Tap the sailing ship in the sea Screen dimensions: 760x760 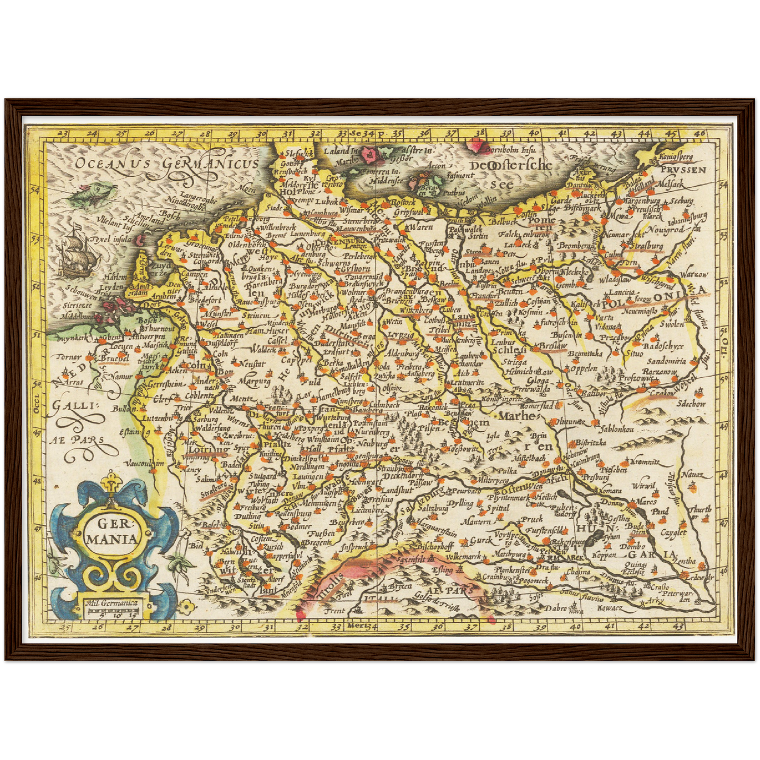click(x=79, y=256)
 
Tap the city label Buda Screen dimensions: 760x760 click(x=636, y=525)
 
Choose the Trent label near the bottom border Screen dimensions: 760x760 click(x=335, y=611)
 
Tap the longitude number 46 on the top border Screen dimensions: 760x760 click(x=699, y=133)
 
